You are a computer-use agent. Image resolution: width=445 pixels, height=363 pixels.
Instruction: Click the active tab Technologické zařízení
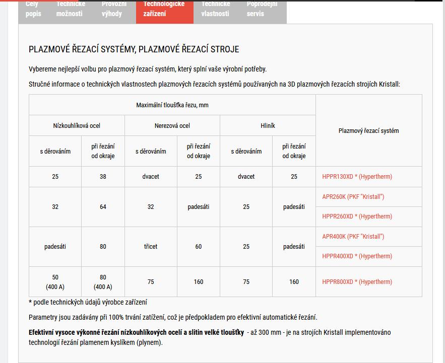(164, 9)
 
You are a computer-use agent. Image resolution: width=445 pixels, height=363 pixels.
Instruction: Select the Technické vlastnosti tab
(215, 9)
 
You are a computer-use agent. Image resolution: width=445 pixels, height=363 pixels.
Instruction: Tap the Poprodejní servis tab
(262, 9)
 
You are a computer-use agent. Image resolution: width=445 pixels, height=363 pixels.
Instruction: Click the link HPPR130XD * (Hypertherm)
(357, 177)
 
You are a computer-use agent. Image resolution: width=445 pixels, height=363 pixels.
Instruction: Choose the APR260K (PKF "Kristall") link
(353, 197)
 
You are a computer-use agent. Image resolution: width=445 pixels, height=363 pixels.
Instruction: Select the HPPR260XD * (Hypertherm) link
(357, 216)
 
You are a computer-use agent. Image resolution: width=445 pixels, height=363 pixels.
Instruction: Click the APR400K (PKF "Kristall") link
(353, 237)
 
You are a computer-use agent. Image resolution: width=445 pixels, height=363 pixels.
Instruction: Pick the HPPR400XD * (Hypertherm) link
(357, 256)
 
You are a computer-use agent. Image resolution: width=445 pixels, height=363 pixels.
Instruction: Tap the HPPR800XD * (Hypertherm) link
(357, 282)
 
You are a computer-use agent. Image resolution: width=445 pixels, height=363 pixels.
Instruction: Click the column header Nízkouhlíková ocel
(77, 126)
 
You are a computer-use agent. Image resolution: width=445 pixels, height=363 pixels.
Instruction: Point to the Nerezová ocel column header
(172, 126)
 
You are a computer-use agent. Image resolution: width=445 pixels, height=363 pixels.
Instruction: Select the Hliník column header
(268, 126)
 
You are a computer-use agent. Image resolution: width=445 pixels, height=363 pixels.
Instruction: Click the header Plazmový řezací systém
(368, 131)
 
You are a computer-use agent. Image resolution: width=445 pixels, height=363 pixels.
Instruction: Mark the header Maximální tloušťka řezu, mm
(172, 105)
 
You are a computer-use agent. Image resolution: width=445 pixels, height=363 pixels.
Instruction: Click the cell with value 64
(103, 207)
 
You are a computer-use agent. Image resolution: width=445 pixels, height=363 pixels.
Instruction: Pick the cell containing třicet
(151, 247)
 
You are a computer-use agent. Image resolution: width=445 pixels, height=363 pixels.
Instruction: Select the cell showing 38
(103, 177)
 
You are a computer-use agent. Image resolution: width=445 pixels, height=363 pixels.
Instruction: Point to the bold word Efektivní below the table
(42, 332)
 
